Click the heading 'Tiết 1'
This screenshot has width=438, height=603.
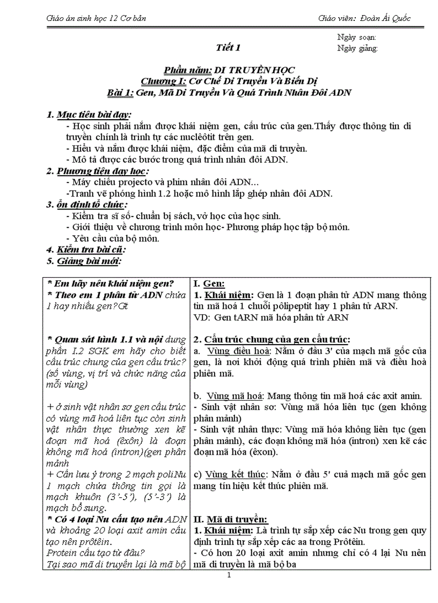coord(228,48)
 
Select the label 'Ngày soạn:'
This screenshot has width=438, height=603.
coord(356,37)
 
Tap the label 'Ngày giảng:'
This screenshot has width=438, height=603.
coord(357,48)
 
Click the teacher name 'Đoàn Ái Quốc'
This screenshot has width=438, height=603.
coord(386,18)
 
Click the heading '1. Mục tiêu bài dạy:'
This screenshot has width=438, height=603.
coord(89,114)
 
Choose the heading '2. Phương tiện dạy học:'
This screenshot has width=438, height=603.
coord(97,171)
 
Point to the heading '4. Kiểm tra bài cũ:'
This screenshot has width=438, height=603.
coord(85,249)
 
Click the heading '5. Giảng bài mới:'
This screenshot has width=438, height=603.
coord(83,261)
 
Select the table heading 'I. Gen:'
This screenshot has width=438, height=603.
coord(209,284)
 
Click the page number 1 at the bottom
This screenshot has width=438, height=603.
coord(229,577)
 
